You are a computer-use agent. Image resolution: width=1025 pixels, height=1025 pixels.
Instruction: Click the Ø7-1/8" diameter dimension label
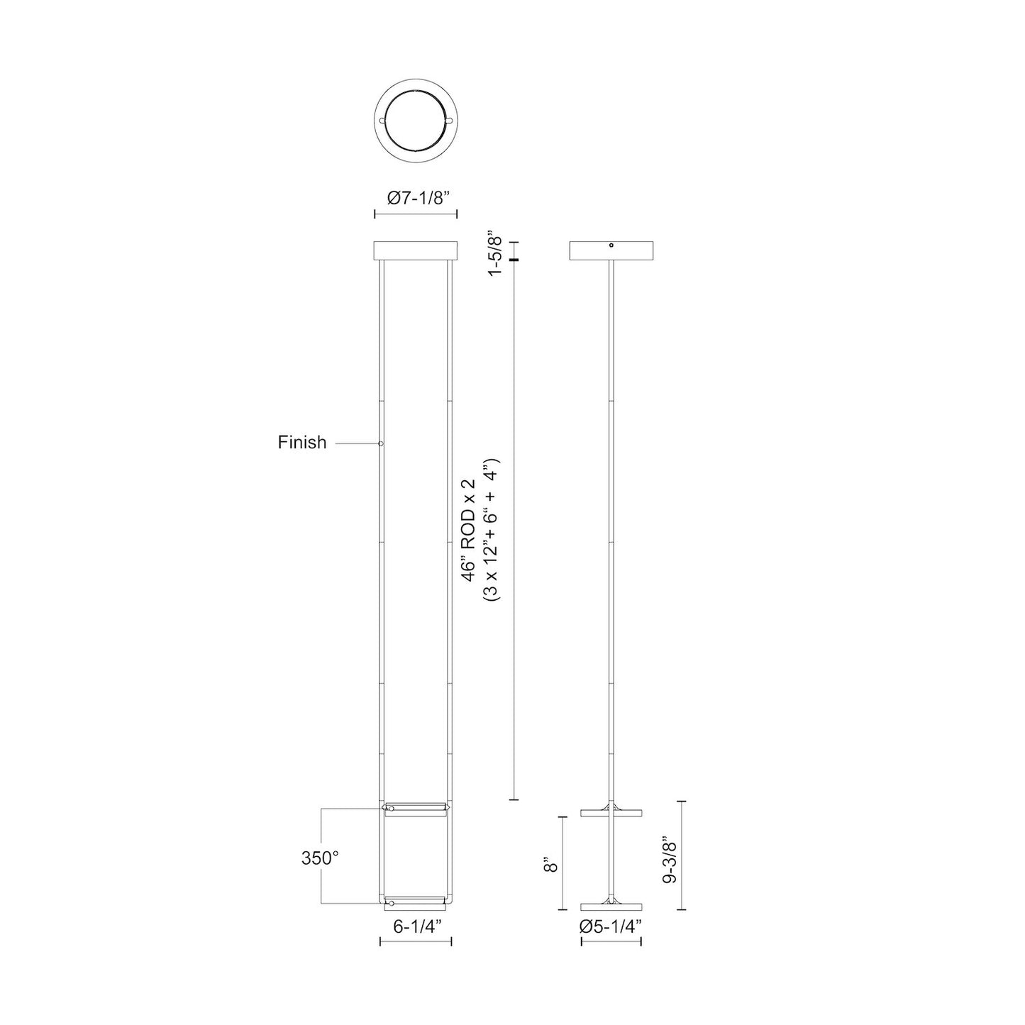pos(415,199)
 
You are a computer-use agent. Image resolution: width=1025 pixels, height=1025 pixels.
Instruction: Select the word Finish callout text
pos(302,443)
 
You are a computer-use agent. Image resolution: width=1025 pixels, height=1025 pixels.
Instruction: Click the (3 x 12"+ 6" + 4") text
pos(491,528)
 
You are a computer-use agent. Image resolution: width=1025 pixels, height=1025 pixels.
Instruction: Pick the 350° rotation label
pos(319,858)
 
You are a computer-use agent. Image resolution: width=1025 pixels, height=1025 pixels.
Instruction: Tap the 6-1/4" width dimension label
pos(417,925)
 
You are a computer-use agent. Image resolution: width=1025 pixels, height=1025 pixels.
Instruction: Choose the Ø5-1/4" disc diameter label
pos(611,926)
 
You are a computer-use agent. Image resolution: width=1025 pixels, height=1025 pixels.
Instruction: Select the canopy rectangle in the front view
pos(415,251)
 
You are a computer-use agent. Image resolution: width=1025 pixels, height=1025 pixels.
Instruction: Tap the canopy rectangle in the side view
pos(611,251)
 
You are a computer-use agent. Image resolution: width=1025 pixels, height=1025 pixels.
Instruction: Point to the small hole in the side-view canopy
pos(611,245)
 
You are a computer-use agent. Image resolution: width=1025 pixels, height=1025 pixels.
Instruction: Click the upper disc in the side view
pos(611,812)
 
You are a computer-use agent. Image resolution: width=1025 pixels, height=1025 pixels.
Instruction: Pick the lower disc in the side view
pos(611,907)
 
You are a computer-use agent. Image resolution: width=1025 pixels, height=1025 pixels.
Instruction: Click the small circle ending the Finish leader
pos(381,443)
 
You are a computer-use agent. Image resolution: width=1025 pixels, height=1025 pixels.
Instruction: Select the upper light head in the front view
pos(416,809)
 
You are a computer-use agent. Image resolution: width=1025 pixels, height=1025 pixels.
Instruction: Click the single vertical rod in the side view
pos(611,532)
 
